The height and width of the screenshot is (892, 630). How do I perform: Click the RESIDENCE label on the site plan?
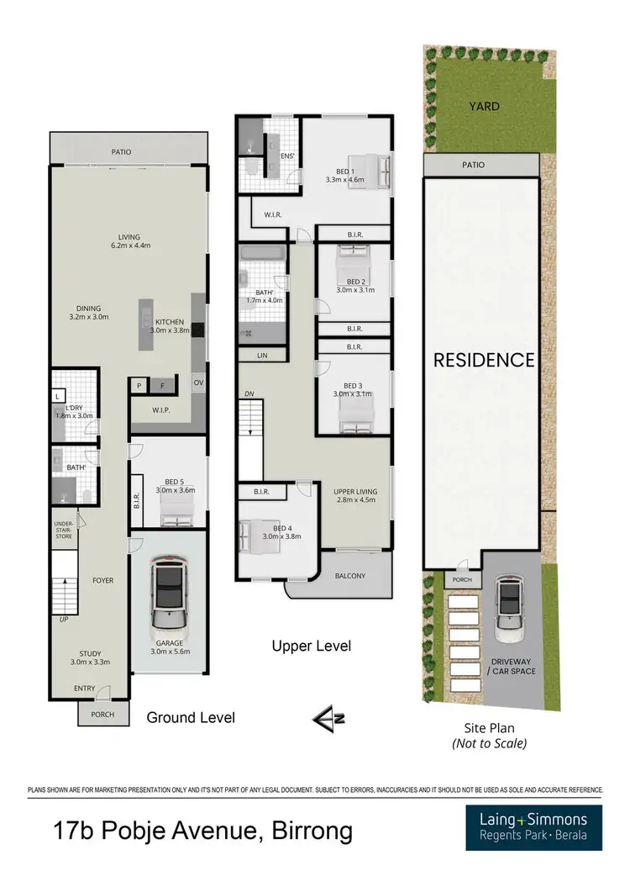[483, 360]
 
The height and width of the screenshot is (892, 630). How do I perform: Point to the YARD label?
[484, 107]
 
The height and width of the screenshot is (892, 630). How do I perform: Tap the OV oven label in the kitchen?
[198, 383]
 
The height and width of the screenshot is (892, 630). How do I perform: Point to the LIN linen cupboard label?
[262, 356]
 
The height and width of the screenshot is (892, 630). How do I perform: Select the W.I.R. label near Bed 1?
[272, 214]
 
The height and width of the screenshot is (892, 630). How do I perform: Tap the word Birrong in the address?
[301, 832]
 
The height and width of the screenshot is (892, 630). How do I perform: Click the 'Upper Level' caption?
[311, 647]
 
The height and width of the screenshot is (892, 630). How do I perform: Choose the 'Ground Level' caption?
[191, 717]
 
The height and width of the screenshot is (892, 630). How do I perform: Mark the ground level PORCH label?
[104, 715]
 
